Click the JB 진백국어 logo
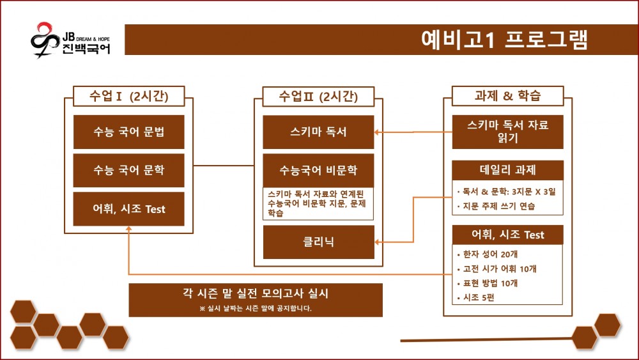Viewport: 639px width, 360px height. [70, 40]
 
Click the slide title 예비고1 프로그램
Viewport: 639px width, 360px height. [504, 40]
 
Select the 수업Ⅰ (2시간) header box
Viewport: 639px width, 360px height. [129, 96]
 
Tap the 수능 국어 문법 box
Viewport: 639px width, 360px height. [129, 132]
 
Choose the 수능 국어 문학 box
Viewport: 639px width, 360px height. [129, 170]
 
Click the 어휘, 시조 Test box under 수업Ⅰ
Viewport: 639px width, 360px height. [129, 208]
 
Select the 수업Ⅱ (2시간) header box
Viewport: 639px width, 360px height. [318, 96]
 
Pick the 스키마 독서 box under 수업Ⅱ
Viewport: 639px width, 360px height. [318, 132]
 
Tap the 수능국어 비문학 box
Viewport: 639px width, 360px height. [318, 170]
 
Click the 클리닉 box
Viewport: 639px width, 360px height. [318, 242]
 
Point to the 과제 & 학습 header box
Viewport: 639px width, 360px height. [508, 96]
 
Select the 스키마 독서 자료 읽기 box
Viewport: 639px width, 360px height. [508, 132]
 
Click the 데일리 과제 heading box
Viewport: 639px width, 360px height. [508, 170]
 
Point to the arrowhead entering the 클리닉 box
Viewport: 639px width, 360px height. [378, 242]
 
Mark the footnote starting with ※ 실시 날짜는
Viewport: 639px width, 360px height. [256, 308]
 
